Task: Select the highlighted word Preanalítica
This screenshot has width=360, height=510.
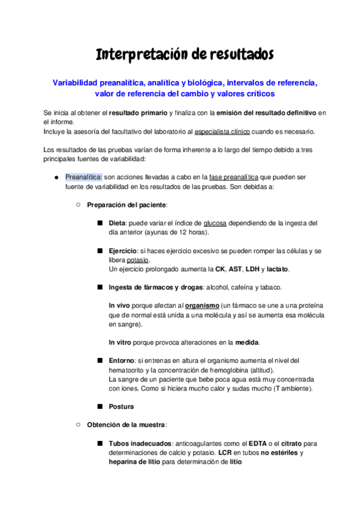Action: coord(84,177)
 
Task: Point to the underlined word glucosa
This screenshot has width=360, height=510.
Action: coord(215,223)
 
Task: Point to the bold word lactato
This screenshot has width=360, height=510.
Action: coord(278,268)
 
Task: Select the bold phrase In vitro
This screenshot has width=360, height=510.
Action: coord(121,342)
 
